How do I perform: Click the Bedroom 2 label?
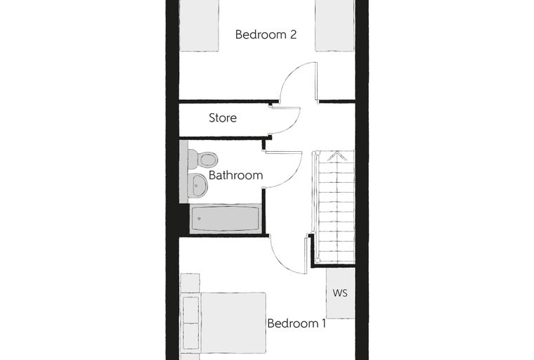pyautogui.click(x=266, y=34)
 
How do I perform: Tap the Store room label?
pyautogui.click(x=223, y=118)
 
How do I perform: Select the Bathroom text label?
pyautogui.click(x=235, y=175)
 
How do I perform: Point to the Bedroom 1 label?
pyautogui.click(x=297, y=323)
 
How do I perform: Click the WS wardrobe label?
pyautogui.click(x=340, y=292)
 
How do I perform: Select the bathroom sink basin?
pyautogui.click(x=197, y=186)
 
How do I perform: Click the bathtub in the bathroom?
pyautogui.click(x=225, y=219)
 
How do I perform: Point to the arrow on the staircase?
pyautogui.click(x=337, y=156)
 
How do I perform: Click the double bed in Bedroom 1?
pyautogui.click(x=223, y=323)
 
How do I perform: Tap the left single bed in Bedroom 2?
pyautogui.click(x=199, y=25)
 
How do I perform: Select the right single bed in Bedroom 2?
pyautogui.click(x=335, y=25)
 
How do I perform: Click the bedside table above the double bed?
pyautogui.click(x=190, y=283)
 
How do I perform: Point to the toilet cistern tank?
pyautogui.click(x=192, y=159)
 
